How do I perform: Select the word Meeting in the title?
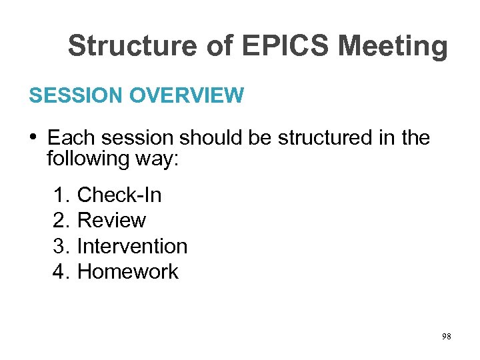[393, 47]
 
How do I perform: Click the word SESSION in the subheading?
[75, 96]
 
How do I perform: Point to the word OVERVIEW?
[187, 96]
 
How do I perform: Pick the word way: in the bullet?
[155, 159]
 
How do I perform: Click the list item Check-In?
[119, 195]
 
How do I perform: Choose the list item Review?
[111, 221]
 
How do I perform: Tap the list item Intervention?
[132, 246]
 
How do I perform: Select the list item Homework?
[128, 271]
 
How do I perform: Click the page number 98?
[446, 337]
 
